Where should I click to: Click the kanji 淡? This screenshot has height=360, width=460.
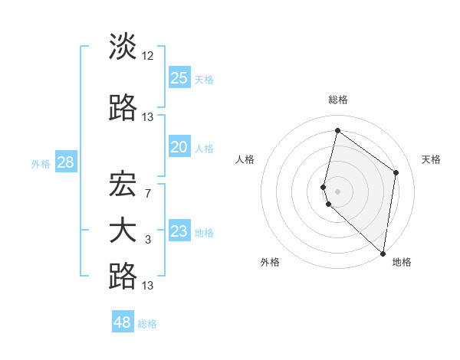pyautogui.click(x=123, y=47)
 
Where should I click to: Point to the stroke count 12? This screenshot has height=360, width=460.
pyautogui.click(x=148, y=56)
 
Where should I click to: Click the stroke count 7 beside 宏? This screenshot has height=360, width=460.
pyautogui.click(x=147, y=193)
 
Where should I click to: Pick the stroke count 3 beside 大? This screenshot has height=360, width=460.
pyautogui.click(x=147, y=240)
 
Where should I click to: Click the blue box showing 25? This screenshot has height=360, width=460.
pyautogui.click(x=179, y=78)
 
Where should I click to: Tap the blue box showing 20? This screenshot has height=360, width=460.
pyautogui.click(x=179, y=147)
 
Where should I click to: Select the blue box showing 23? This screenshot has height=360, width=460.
pyautogui.click(x=179, y=231)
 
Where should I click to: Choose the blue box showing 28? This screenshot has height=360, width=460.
pyautogui.click(x=65, y=162)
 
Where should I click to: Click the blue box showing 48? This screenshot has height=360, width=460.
pyautogui.click(x=122, y=322)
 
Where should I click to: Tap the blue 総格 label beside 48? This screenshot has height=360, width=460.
pyautogui.click(x=148, y=324)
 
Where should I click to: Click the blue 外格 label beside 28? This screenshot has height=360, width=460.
pyautogui.click(x=41, y=163)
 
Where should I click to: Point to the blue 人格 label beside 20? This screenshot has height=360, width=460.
pyautogui.click(x=205, y=148)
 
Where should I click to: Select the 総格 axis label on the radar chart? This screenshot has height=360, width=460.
pyautogui.click(x=338, y=100)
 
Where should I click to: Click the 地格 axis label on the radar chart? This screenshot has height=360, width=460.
pyautogui.click(x=402, y=263)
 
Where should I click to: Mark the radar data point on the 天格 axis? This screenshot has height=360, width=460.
pyautogui.click(x=396, y=172)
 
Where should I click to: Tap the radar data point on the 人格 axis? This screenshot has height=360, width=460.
pyautogui.click(x=324, y=187)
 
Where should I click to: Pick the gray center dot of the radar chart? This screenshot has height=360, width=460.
pyautogui.click(x=338, y=190)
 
